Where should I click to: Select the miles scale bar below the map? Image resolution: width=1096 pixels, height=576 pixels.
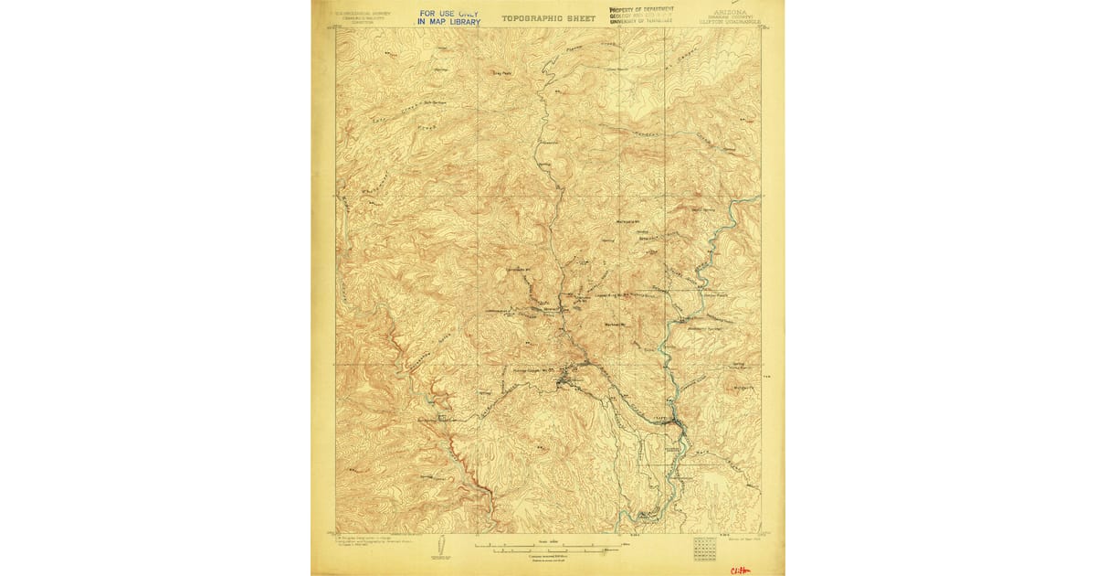point(548,546)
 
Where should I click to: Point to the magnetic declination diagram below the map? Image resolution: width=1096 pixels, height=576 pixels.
point(438,547)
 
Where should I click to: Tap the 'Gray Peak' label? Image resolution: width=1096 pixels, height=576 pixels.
point(501,72)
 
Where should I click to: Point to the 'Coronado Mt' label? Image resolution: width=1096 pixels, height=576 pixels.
point(518,270)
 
